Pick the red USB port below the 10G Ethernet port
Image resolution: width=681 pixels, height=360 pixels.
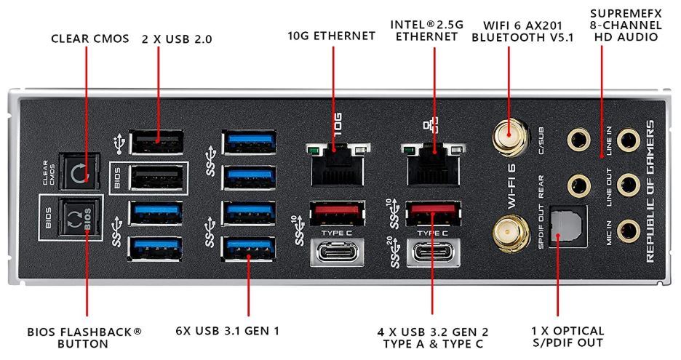[337, 212]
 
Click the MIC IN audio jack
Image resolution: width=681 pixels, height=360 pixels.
[625, 231]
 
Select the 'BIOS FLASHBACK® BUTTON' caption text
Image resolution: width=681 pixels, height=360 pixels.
[85, 337]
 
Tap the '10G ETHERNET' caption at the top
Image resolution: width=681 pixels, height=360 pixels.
[332, 36]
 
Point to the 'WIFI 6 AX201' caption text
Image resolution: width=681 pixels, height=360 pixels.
[522, 23]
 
